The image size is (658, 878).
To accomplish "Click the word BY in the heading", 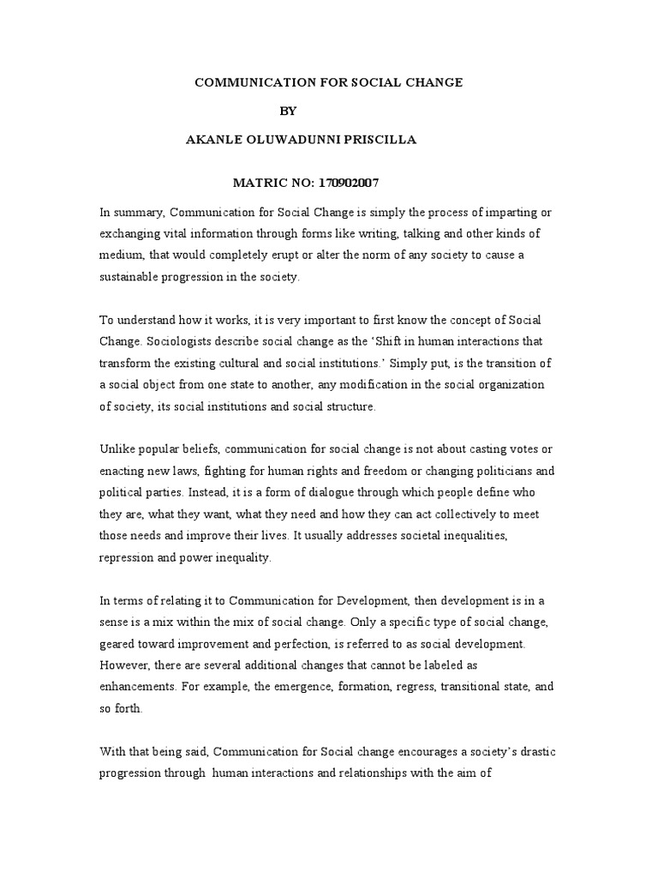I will click(x=292, y=111).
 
